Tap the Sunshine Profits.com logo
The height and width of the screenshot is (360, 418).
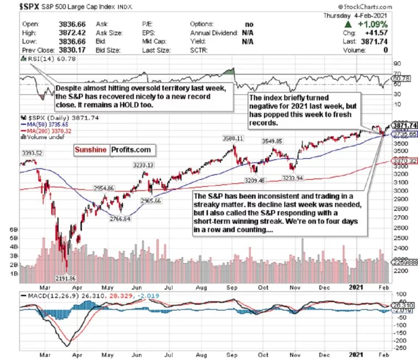coord(113,149)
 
